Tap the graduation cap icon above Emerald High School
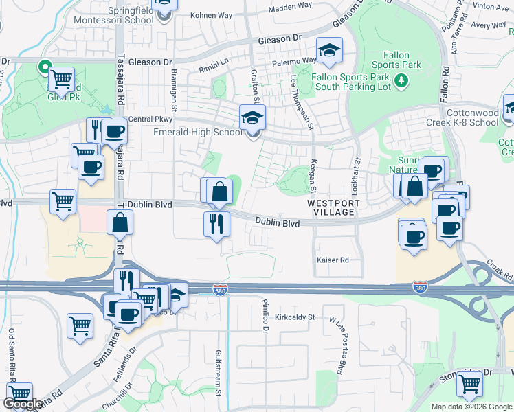(x=252, y=117)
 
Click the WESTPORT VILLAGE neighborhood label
(x=331, y=208)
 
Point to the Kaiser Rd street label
(x=333, y=260)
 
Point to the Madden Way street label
(x=289, y=7)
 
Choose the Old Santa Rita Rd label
(x=12, y=354)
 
